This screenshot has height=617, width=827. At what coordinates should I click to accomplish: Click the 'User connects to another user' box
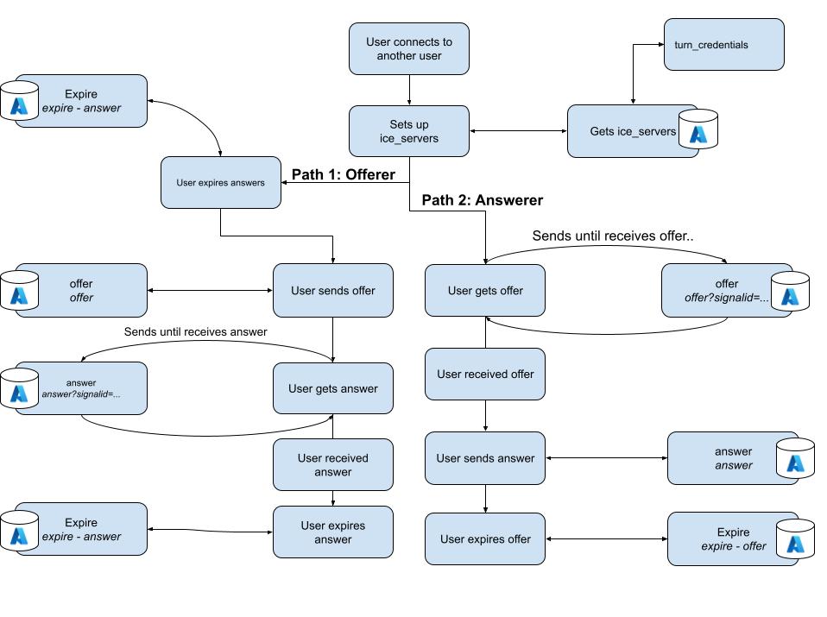[408, 48]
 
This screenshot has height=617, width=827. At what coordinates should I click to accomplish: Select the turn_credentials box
[723, 44]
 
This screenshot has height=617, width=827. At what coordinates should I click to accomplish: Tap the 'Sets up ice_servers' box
[408, 131]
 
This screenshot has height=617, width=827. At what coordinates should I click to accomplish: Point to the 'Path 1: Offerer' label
[343, 175]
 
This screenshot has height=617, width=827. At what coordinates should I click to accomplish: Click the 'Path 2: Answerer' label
[482, 200]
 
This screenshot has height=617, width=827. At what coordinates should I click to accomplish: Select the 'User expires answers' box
[220, 182]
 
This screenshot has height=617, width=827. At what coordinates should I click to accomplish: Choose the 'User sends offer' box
[332, 291]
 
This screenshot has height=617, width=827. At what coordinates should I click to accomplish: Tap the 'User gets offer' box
[484, 291]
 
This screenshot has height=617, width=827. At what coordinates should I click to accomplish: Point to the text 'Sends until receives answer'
[195, 331]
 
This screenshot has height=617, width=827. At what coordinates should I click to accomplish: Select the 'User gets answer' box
[332, 388]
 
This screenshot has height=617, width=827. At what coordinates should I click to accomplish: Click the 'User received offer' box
[484, 374]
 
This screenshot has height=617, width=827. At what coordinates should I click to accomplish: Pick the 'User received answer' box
[332, 465]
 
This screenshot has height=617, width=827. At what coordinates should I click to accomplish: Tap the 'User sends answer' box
[484, 458]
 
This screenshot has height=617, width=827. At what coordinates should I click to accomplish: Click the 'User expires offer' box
[484, 539]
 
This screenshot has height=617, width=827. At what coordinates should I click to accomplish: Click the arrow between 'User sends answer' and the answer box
[606, 458]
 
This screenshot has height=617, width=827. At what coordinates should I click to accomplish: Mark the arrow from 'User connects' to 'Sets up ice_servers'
[408, 90]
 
